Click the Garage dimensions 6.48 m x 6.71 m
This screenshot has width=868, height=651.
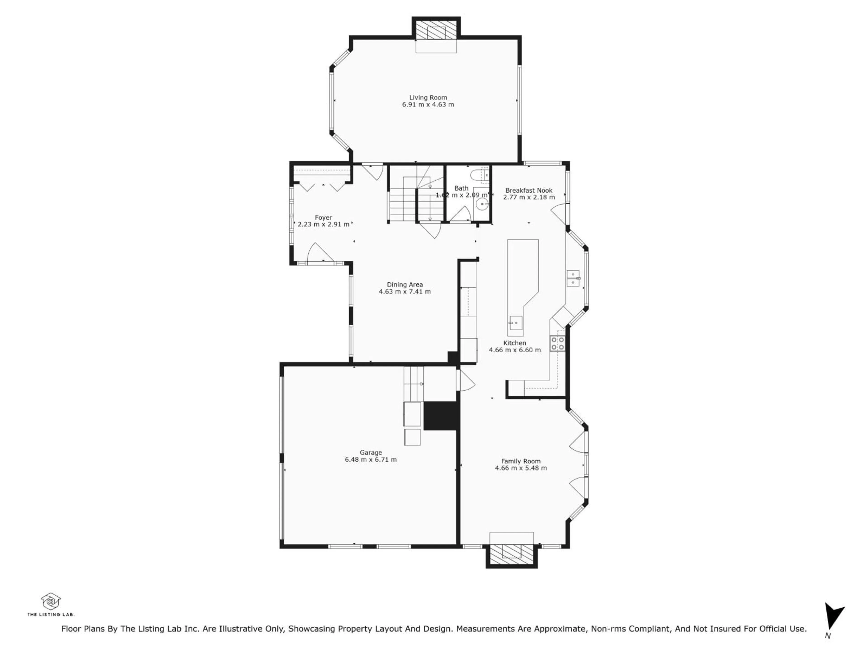pyautogui.click(x=371, y=460)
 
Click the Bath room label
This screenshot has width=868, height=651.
pyautogui.click(x=462, y=188)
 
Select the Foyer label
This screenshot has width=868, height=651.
pyautogui.click(x=323, y=217)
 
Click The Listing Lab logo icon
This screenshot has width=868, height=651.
pyautogui.click(x=51, y=601)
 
